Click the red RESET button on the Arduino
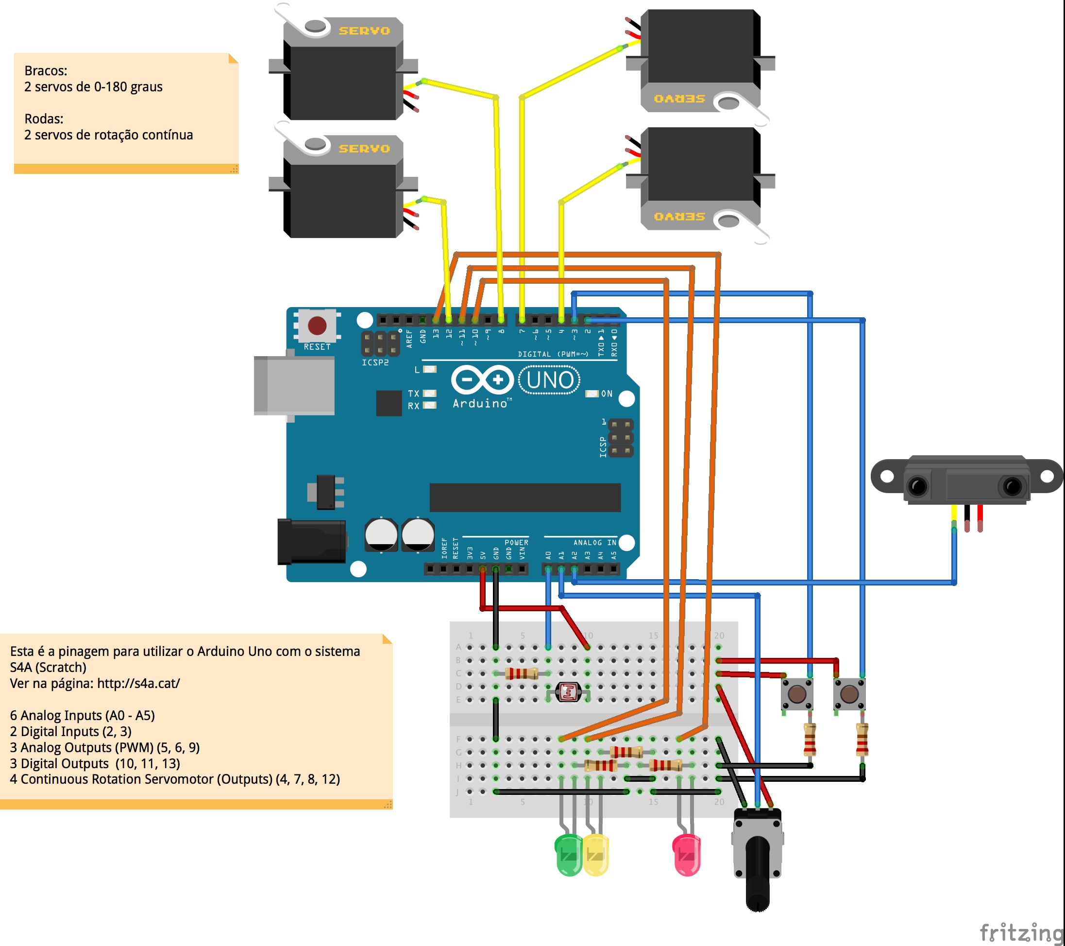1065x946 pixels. coord(317,325)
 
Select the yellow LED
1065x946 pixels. coord(595,855)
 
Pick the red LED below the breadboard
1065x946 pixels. coord(687,855)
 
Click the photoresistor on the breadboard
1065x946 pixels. coord(568,693)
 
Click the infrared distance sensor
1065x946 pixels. coord(967,479)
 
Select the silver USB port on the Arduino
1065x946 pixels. coord(294,386)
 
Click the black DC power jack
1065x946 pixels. coord(311,542)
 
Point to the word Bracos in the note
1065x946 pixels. coord(46,71)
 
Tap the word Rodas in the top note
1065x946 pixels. coord(44,119)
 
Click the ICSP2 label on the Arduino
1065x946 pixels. coord(375,363)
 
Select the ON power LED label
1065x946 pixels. coord(607,394)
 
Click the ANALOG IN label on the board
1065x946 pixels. coord(594,543)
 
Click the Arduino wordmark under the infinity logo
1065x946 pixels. coord(479,403)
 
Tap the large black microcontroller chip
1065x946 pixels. coord(524,497)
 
